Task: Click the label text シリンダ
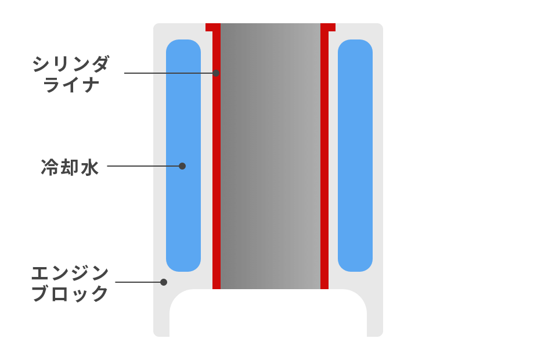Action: pos(71,64)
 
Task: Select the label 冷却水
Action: pos(70,168)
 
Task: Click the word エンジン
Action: pos(70,272)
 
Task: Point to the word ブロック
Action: pos(70,294)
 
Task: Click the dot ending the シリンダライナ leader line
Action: pos(216,73)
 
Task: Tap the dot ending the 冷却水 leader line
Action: pos(182,166)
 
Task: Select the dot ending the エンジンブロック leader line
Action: pos(164,282)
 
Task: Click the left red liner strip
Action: pos(217,174)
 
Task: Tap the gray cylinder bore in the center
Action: pos(270,157)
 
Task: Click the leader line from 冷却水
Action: pos(142,166)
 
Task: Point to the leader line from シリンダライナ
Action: pos(168,73)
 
